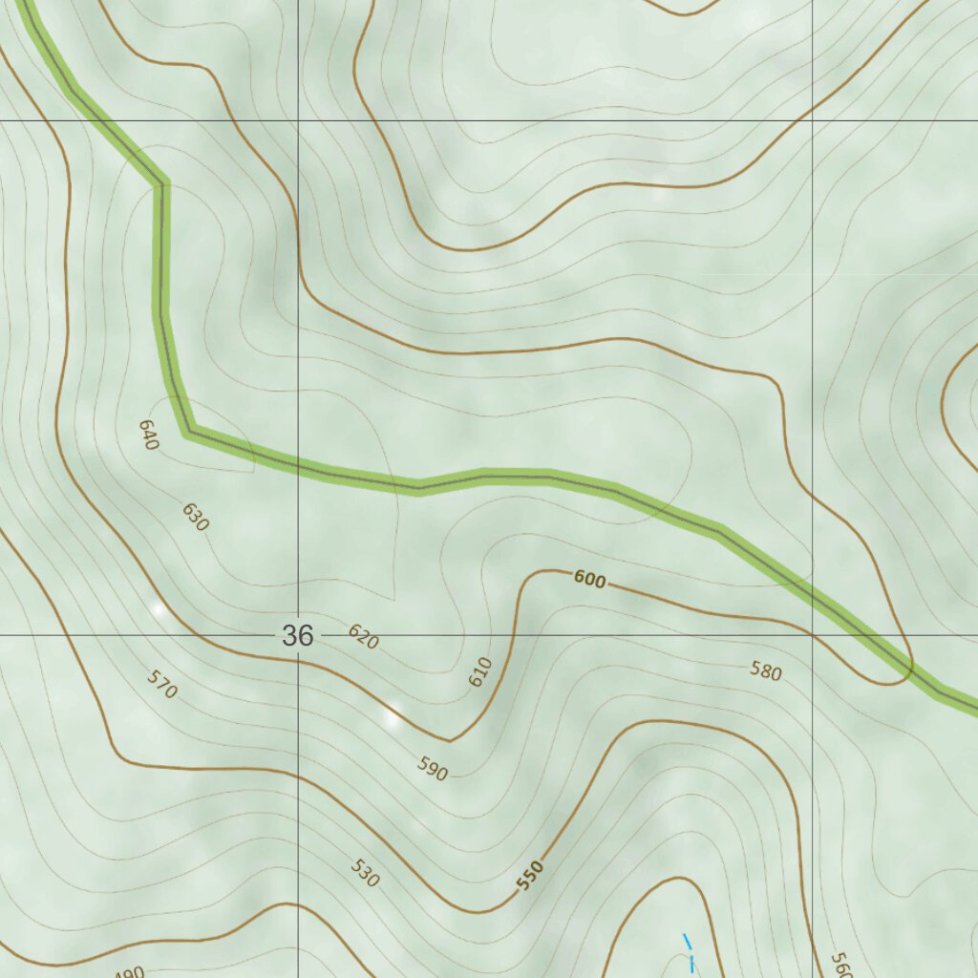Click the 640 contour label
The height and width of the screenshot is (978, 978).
tap(147, 435)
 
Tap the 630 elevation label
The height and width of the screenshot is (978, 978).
tap(195, 517)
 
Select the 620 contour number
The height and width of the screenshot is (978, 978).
tap(363, 637)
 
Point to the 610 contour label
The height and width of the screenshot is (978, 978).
tap(480, 671)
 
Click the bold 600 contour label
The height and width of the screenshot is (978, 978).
tap(590, 579)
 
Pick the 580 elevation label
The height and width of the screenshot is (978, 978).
tap(765, 671)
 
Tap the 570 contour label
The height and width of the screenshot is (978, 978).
tap(162, 684)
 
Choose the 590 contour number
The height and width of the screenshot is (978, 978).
tap(433, 768)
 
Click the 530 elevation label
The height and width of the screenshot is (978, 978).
tap(364, 873)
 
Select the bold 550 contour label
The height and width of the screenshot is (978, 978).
tap(530, 875)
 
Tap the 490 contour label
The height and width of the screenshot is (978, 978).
tap(129, 972)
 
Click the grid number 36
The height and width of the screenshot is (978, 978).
tap(298, 635)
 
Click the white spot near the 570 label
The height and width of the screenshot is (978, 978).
tap(159, 608)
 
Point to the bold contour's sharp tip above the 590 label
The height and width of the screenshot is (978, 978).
tap(450, 740)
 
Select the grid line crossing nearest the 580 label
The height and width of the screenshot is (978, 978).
tap(812, 634)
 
